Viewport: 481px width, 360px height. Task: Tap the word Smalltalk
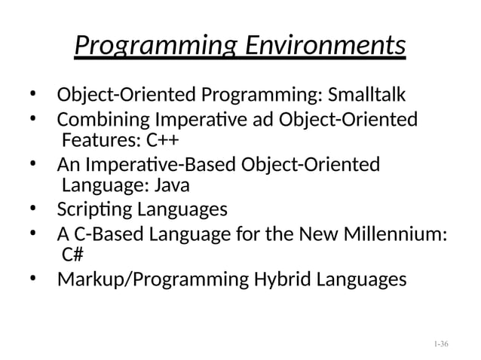[x=367, y=96]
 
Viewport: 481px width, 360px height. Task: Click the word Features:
[x=99, y=141]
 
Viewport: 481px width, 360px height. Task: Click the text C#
[x=72, y=254]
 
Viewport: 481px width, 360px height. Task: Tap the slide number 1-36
[x=441, y=343]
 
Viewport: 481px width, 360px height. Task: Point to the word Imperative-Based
[x=155, y=165]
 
